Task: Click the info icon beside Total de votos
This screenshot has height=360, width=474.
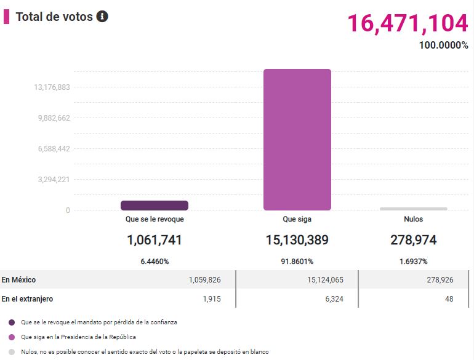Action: pos(102,17)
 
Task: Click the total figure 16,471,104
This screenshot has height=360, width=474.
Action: pos(408,23)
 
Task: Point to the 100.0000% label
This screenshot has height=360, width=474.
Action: pos(443,46)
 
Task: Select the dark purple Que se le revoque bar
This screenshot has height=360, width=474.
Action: pos(155,206)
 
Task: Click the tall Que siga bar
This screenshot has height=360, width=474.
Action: pos(297,140)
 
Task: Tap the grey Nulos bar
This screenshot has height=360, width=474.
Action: pos(413,209)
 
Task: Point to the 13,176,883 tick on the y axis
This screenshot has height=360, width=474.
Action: pos(52,87)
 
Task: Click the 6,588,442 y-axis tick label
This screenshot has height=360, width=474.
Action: pos(54,149)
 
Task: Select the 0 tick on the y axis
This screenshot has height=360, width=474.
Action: pos(68,210)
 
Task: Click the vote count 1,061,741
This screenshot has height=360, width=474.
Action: pos(155,240)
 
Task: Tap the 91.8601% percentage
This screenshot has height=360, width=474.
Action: pos(297,262)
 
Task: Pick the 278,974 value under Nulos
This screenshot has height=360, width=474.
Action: pos(413,240)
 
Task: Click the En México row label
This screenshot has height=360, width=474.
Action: pos(18,280)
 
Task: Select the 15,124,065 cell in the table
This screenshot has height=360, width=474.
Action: pos(325,280)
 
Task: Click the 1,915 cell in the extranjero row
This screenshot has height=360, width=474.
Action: pos(212,299)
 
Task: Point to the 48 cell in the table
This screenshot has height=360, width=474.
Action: pos(449,299)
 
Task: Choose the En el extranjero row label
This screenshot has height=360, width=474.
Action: pos(27,299)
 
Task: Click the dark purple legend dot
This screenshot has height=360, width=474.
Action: pos(12,322)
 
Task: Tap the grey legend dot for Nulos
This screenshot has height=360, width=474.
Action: pos(12,352)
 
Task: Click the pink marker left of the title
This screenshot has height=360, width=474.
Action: pos(6,17)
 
